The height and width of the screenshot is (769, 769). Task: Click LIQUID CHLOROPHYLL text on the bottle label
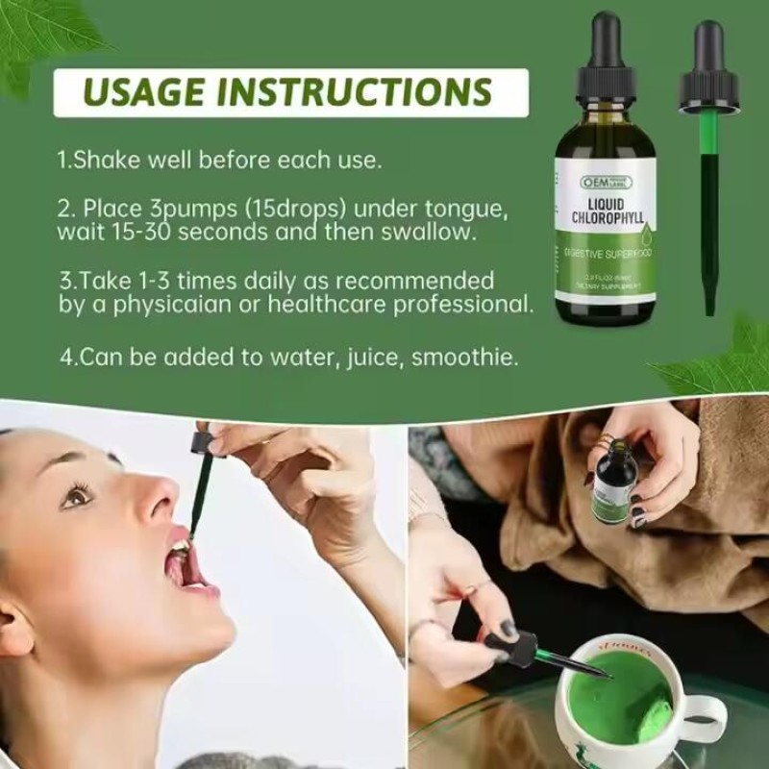pyautogui.click(x=606, y=207)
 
